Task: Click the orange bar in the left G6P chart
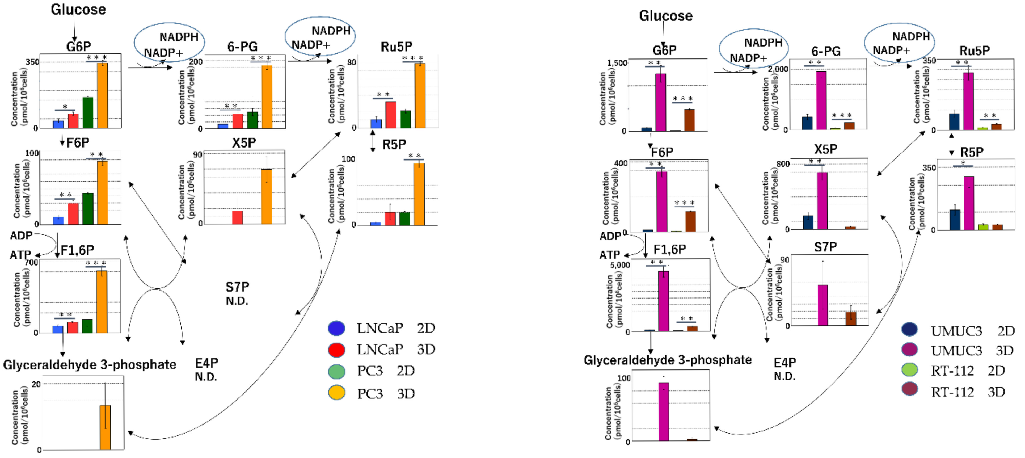point(102,95)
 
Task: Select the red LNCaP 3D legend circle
point(336,349)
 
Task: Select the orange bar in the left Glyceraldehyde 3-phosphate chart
point(105,427)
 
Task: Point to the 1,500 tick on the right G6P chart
point(617,63)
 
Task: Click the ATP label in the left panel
point(20,254)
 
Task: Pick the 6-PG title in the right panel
point(826,51)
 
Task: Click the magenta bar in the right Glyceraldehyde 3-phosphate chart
point(664,411)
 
